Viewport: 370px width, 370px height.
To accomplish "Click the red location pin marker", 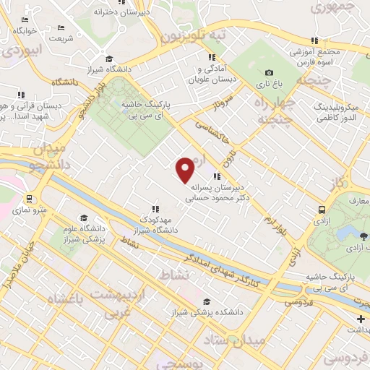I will coord(186,169).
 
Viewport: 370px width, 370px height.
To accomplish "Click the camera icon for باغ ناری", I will coord(269,73).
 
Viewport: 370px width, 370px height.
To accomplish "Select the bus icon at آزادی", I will coord(321,210).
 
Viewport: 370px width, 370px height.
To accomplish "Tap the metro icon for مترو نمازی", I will coord(29,199).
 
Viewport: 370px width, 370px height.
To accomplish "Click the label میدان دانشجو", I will coord(48,158).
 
